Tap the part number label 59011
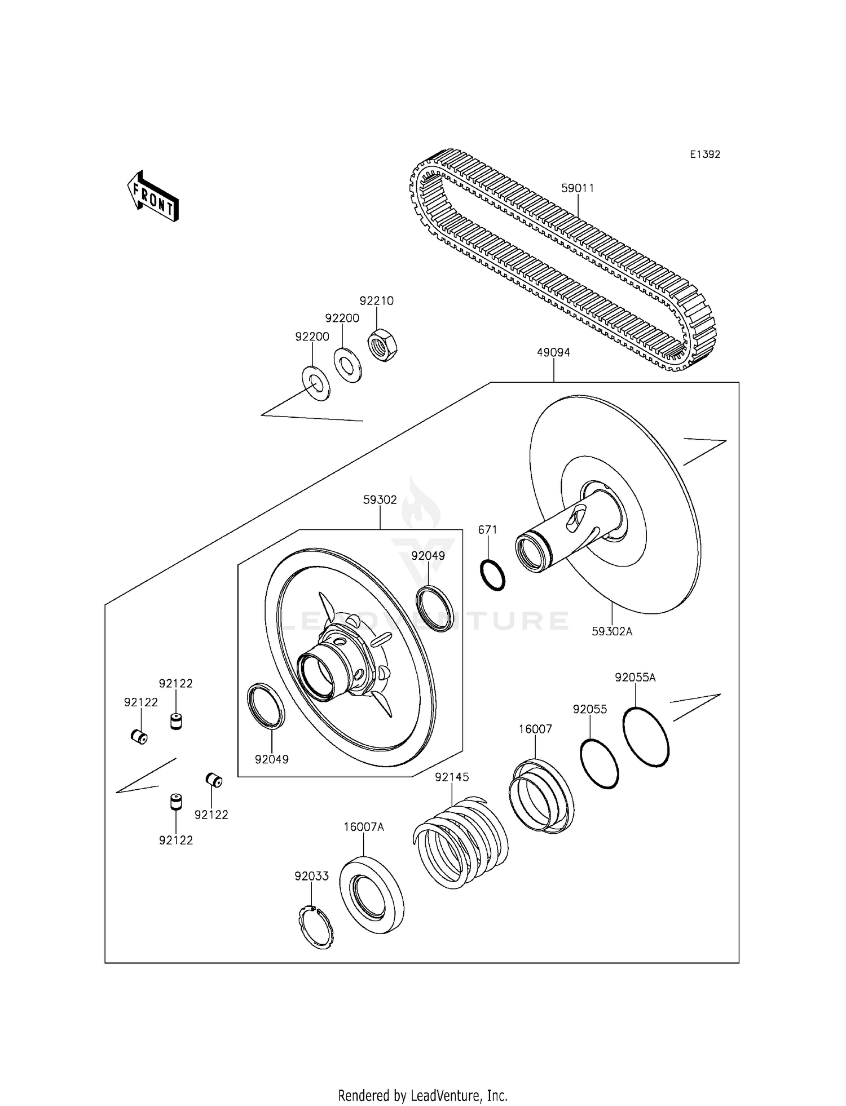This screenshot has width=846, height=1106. click(578, 188)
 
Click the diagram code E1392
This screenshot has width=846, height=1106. click(705, 154)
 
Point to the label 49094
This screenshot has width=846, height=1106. click(553, 353)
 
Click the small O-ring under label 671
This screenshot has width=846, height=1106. click(492, 576)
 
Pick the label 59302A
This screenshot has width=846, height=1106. click(612, 632)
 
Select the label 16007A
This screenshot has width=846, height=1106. click(364, 827)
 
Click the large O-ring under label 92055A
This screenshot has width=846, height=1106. click(646, 737)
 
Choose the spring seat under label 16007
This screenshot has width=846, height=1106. click(541, 796)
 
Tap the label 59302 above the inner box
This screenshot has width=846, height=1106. click(380, 500)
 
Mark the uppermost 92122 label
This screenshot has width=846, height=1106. click(175, 684)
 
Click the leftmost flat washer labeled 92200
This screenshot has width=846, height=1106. click(316, 383)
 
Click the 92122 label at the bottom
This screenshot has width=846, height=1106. click(175, 840)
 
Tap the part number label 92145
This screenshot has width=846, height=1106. click(452, 777)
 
